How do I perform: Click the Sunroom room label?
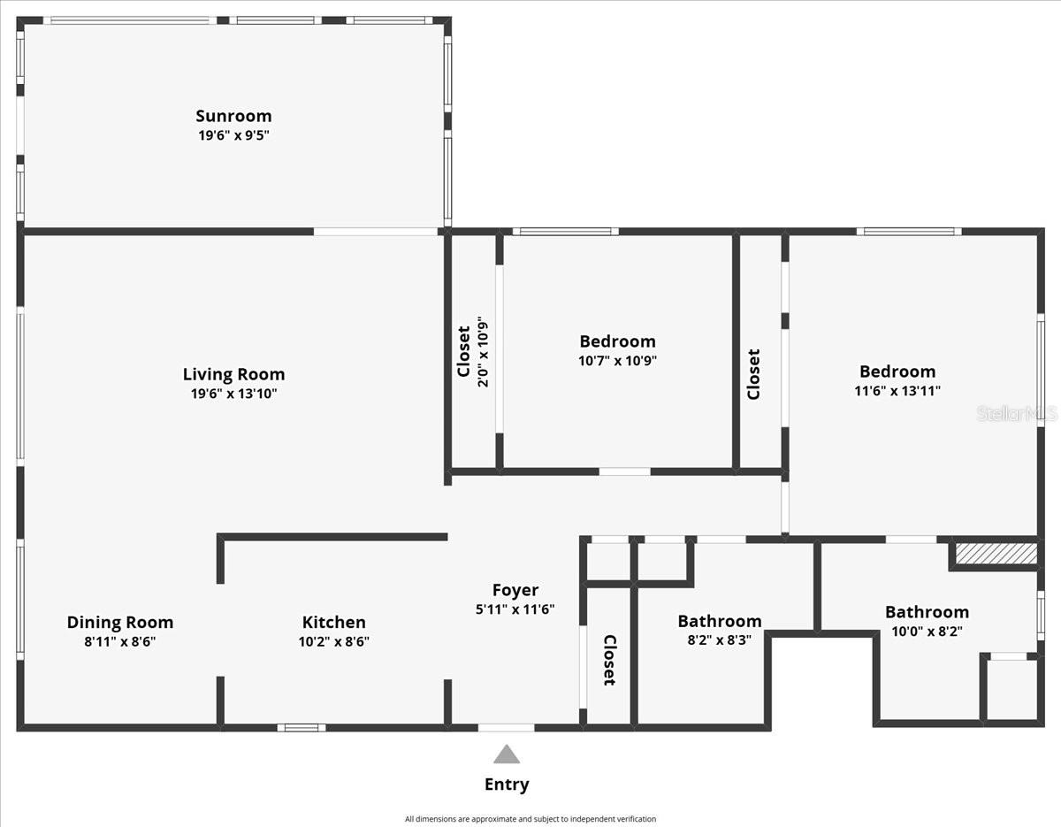tap(233, 116)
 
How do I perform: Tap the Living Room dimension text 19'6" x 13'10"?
tap(233, 394)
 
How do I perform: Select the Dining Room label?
tap(120, 623)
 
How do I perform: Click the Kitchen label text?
tap(333, 623)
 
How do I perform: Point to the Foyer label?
tap(515, 590)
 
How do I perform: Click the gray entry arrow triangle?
tap(506, 754)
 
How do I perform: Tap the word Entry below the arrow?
tap(506, 785)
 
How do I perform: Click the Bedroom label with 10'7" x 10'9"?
tap(617, 341)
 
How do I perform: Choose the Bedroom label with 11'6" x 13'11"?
tap(897, 371)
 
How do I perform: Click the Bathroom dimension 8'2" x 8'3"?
tap(719, 640)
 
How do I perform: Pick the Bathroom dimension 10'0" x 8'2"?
tap(927, 632)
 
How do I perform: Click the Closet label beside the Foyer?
tap(609, 660)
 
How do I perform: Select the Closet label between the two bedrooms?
tap(753, 374)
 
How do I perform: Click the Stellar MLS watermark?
tap(1016, 413)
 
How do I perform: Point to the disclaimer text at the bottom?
tap(530, 819)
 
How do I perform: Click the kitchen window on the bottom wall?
tap(301, 728)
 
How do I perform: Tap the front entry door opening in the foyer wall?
tap(506, 728)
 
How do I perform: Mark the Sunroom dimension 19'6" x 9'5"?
tap(233, 136)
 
